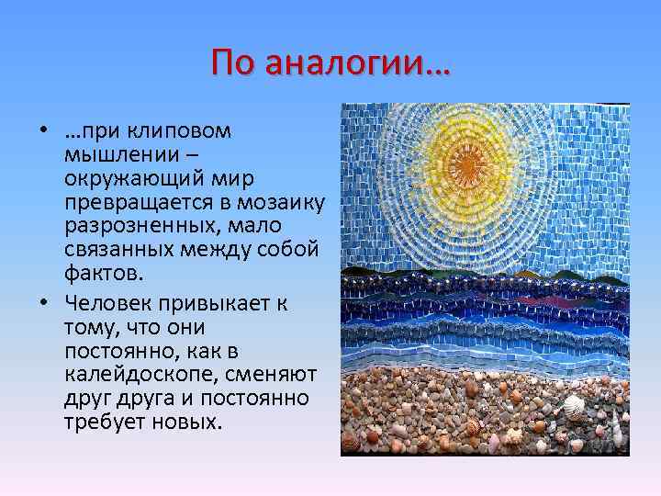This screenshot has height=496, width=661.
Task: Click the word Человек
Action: (102, 301)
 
